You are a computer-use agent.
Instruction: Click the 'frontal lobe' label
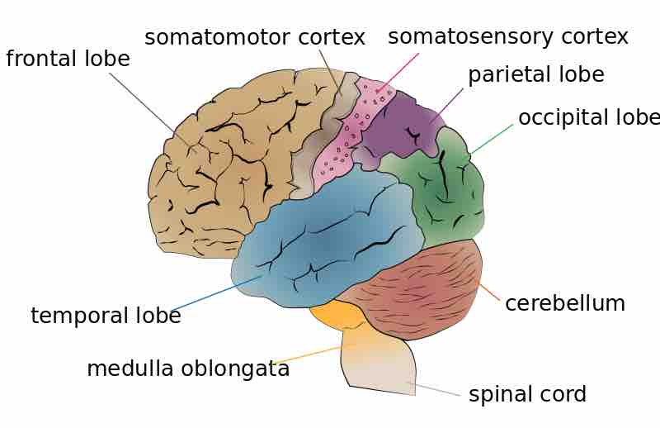coord(68,59)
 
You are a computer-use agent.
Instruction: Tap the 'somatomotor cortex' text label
coord(254,37)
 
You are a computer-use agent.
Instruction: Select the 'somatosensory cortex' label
coord(507,37)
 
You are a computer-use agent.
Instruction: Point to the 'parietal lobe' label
coord(535,75)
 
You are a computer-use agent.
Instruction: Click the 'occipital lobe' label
coord(588,117)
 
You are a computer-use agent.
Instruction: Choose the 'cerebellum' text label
coord(564,303)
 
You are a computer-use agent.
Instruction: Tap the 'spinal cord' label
coord(527,394)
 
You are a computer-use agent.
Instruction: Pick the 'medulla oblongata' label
coord(188,369)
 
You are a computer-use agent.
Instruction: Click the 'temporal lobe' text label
coord(106,316)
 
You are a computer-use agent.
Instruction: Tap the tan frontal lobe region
coord(223,157)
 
